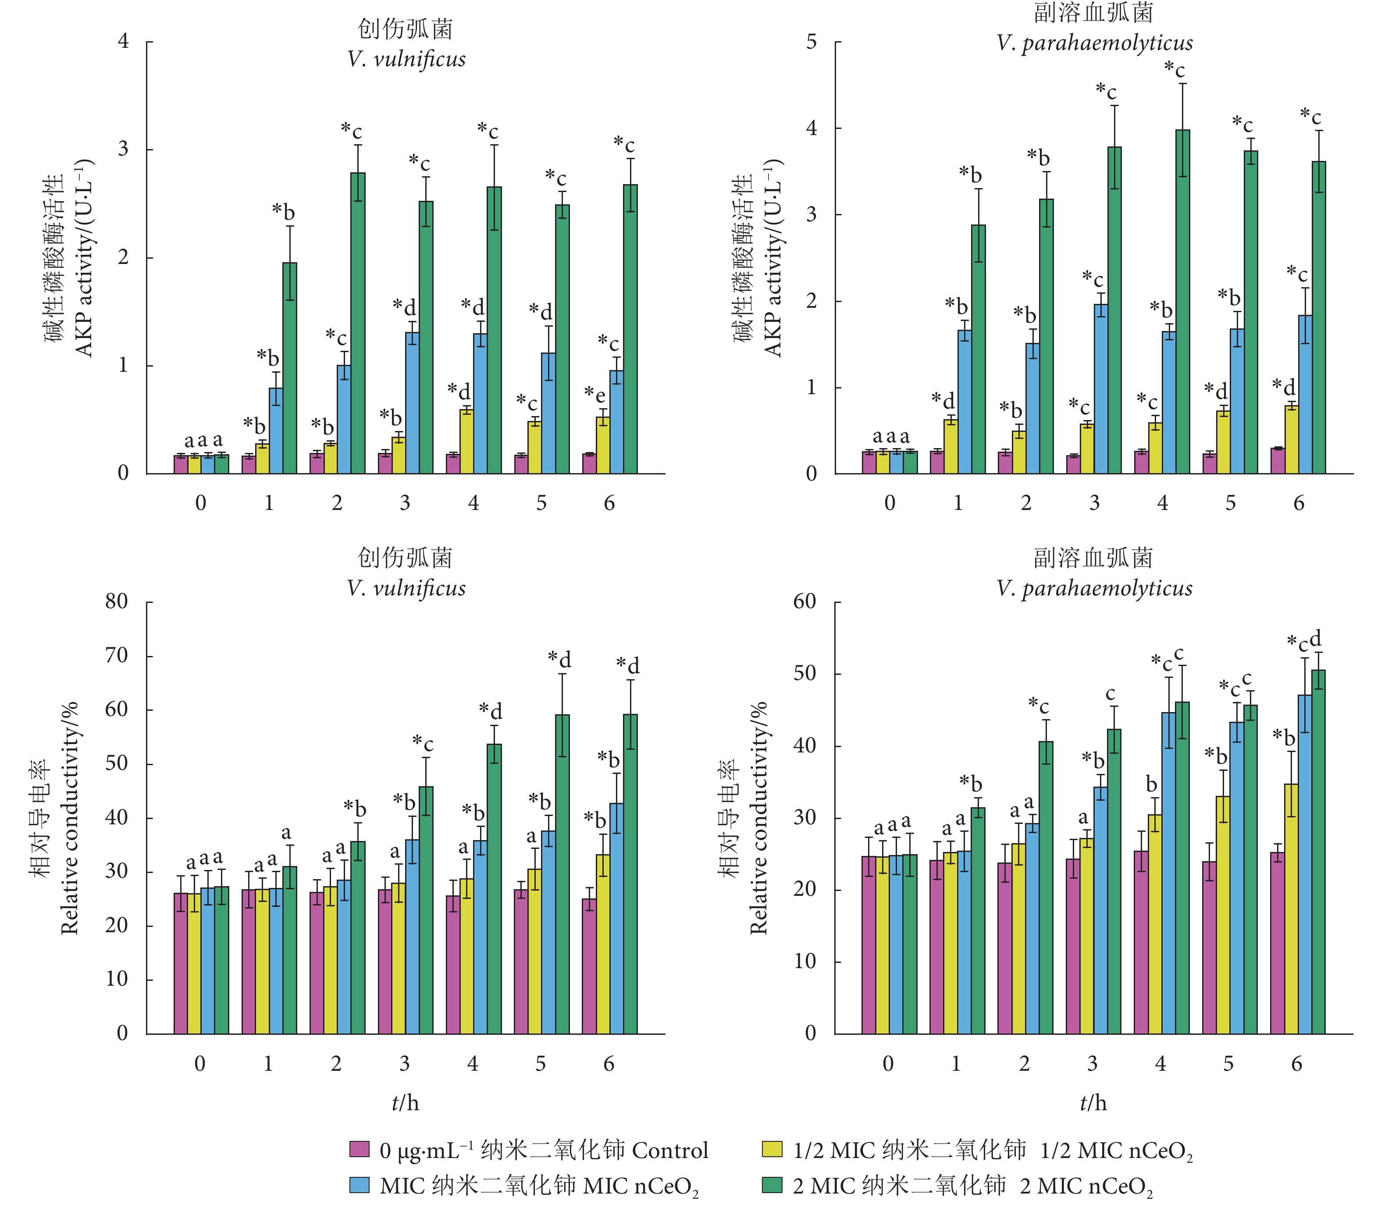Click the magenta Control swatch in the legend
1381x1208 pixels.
click(359, 1149)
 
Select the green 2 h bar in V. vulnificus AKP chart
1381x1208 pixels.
click(358, 324)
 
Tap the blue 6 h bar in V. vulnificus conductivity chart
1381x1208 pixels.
click(616, 918)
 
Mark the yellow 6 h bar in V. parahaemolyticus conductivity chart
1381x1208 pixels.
click(1291, 909)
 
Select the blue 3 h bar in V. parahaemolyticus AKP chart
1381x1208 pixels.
click(1100, 389)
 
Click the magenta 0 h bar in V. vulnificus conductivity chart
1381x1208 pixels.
click(181, 963)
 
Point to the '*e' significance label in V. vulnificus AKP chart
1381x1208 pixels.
click(594, 394)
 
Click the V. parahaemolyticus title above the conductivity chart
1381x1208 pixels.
click(1094, 588)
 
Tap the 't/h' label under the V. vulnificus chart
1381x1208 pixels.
click(405, 1103)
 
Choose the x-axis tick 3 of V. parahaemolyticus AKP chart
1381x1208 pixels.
click(1094, 503)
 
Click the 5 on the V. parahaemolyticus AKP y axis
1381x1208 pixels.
click(812, 42)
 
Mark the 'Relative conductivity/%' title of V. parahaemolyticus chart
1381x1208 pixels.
click(759, 817)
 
